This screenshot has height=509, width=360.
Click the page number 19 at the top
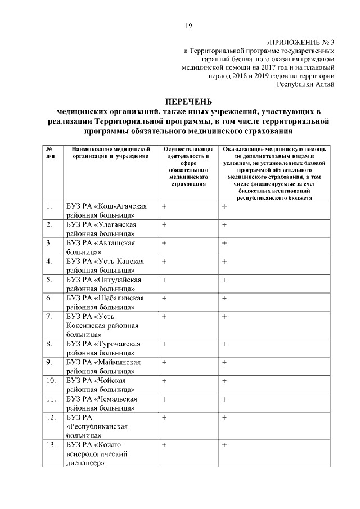point(189,25)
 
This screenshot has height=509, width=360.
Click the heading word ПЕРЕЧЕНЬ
point(188,102)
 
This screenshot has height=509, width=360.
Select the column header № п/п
point(50,152)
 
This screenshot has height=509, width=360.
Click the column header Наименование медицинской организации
point(110,152)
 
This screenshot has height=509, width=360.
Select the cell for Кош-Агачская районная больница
point(106,211)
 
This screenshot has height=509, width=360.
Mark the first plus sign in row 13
point(164,445)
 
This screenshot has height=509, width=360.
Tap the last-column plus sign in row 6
point(224,298)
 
